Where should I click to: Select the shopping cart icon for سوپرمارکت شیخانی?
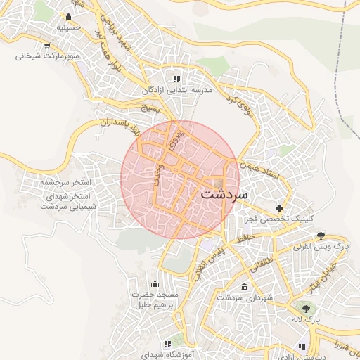click(x=46, y=45)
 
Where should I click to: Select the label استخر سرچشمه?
click(x=70, y=182)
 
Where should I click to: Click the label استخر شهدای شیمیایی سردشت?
click(x=70, y=200)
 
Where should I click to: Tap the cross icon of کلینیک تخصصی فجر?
click(x=281, y=208)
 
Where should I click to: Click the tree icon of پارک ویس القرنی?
click(x=321, y=235)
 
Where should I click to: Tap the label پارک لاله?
click(x=307, y=320)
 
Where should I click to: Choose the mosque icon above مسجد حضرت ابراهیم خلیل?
click(x=154, y=283)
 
